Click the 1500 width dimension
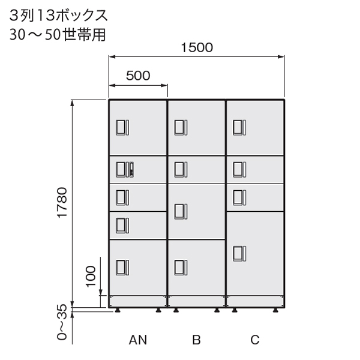tap(196, 49)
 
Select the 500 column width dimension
tap(138, 76)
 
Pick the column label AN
tap(137, 341)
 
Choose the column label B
tap(196, 341)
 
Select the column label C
tap(255, 341)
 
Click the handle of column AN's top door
tap(122, 128)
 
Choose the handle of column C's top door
tap(239, 128)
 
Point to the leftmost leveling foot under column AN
tap(117, 310)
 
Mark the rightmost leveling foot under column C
tap(275, 310)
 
